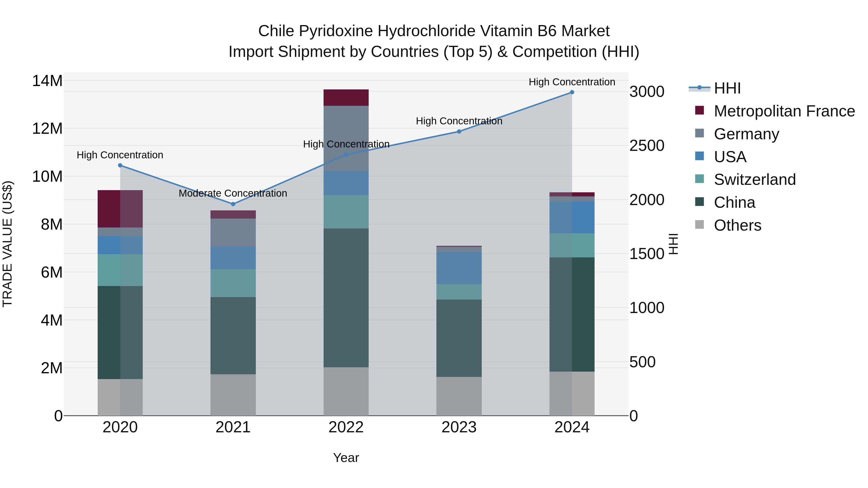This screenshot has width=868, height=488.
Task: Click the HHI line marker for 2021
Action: (233, 204)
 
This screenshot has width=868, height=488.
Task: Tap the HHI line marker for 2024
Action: (572, 92)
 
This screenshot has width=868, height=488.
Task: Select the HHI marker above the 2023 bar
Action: (459, 132)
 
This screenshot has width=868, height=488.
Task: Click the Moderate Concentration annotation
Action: (233, 193)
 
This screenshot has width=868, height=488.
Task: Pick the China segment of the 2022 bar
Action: (346, 298)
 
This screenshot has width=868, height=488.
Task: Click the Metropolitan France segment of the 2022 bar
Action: (346, 98)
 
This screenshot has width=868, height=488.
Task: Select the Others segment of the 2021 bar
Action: (233, 395)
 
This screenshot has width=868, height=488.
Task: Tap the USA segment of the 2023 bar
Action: (459, 268)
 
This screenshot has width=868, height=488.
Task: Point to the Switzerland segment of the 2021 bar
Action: (233, 283)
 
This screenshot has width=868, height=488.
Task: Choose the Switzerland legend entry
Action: (755, 180)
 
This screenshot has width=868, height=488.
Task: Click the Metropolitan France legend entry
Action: (784, 111)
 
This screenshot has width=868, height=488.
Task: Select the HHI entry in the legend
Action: (727, 88)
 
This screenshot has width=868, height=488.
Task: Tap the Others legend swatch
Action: (699, 224)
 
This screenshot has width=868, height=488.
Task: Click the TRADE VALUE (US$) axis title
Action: (7, 244)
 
